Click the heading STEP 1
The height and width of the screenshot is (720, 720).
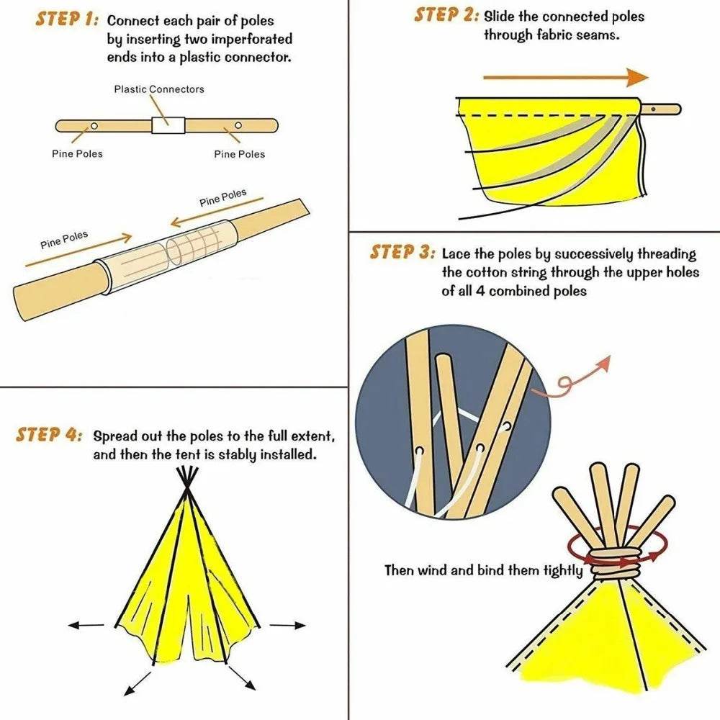(66, 19)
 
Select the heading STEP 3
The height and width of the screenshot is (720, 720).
(402, 253)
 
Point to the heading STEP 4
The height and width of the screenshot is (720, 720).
(49, 435)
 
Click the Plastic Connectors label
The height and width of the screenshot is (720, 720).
(159, 89)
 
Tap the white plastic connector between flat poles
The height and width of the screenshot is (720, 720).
(168, 125)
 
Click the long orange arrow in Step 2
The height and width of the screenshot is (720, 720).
(565, 77)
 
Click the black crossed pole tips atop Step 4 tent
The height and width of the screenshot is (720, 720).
(189, 477)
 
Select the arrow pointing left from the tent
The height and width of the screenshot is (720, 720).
(86, 625)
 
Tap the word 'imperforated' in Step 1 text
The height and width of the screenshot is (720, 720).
(250, 40)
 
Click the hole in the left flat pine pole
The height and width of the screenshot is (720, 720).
(94, 125)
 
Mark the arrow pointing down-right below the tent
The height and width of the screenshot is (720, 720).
(242, 679)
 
